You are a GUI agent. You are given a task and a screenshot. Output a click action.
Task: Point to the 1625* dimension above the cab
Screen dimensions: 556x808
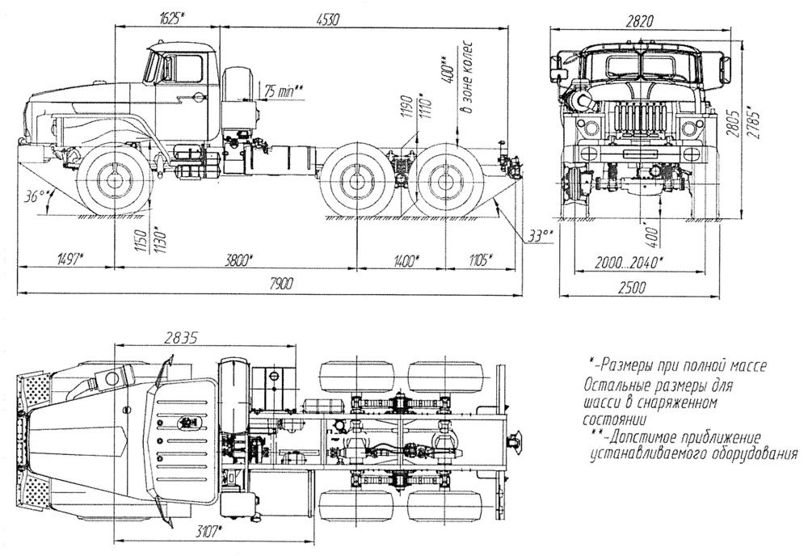pyautogui.click(x=169, y=18)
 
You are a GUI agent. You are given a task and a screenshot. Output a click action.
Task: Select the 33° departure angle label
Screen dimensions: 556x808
pyautogui.click(x=538, y=235)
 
